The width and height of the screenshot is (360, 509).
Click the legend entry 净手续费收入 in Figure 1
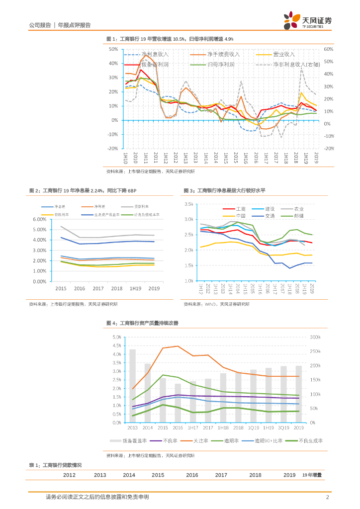click(223, 54)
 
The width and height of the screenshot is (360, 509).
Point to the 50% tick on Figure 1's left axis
click(113, 50)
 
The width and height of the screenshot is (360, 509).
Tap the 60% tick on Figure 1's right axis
click(328, 50)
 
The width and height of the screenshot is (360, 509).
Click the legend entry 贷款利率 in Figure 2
click(141, 206)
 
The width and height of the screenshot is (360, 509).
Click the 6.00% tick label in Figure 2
click(39, 219)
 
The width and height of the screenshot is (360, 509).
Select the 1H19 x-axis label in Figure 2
click(135, 288)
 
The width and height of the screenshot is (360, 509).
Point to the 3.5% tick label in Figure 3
click(188, 204)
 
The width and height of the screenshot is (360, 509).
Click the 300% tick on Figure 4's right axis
click(316, 337)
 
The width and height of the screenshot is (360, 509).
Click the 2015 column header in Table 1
click(158, 475)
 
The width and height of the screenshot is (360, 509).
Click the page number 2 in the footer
click(327, 497)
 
